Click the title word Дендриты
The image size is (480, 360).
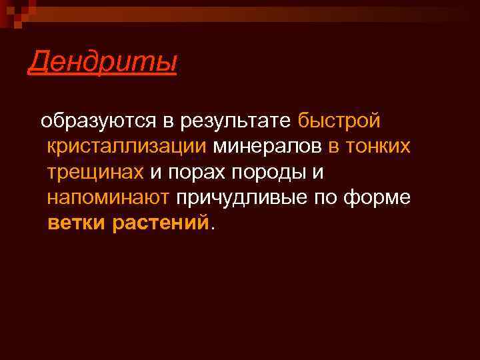click(x=103, y=63)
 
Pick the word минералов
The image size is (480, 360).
click(x=267, y=147)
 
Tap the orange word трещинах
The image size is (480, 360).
click(x=95, y=172)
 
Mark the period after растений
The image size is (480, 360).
click(x=213, y=228)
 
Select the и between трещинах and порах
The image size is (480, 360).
click(x=155, y=173)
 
